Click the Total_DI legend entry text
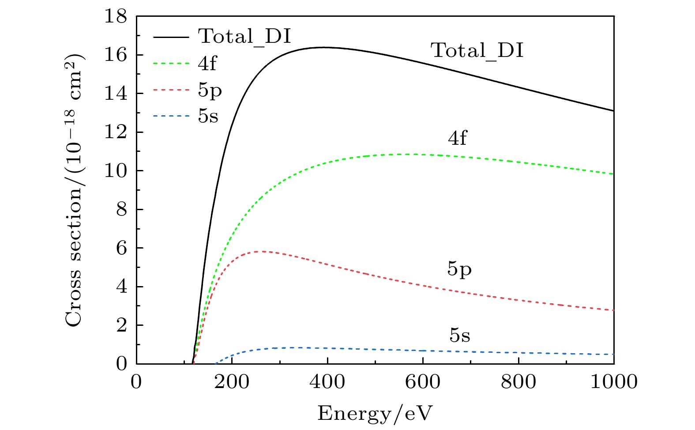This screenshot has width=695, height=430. (244, 36)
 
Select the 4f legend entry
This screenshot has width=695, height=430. (207, 64)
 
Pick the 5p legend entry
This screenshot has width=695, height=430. (210, 91)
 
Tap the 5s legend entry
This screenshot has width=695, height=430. (208, 117)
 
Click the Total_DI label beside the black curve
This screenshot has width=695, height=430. (477, 51)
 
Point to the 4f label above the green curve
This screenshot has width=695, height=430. (457, 139)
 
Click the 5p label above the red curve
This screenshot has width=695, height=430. (459, 269)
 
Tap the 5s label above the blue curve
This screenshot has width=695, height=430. (460, 336)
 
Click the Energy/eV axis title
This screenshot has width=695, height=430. (375, 414)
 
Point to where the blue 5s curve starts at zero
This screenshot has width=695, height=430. (216, 363)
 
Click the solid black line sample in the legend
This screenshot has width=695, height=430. (173, 37)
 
